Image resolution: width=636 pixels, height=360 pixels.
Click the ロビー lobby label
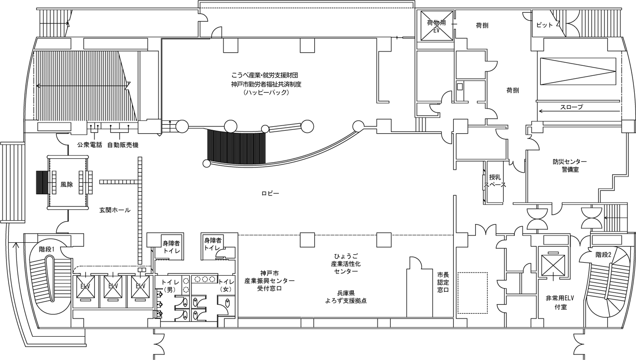pyautogui.click(x=270, y=193)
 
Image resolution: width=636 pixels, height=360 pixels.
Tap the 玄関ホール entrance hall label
pyautogui.click(x=115, y=210)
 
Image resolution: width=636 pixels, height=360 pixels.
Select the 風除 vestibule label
pyautogui.click(x=67, y=184)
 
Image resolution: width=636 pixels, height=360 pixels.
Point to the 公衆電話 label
pyautogui.click(x=90, y=145)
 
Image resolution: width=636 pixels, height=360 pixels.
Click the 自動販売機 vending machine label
pyautogui.click(x=123, y=145)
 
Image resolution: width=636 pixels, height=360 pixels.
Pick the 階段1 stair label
pyautogui.click(x=47, y=249)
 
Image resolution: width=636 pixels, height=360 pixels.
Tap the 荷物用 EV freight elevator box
pyautogui.click(x=436, y=26)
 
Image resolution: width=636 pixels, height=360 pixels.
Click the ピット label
pyautogui.click(x=545, y=25)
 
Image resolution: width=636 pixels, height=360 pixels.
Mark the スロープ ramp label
pyautogui.click(x=571, y=107)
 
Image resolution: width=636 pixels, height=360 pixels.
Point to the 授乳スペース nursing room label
pyautogui.click(x=495, y=181)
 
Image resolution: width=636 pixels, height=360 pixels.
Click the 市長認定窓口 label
pyautogui.click(x=443, y=282)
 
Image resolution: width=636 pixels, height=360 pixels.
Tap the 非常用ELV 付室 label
pyautogui.click(x=560, y=302)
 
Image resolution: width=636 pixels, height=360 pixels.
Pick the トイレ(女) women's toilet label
pyautogui.click(x=226, y=286)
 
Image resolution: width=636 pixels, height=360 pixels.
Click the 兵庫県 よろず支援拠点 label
pyautogui.click(x=346, y=297)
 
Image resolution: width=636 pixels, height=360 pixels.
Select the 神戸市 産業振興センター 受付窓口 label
pyautogui.click(x=269, y=281)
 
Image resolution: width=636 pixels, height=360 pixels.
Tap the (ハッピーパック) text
pyautogui.click(x=266, y=93)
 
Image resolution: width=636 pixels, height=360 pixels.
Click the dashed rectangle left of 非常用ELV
pyautogui.click(x=472, y=293)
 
